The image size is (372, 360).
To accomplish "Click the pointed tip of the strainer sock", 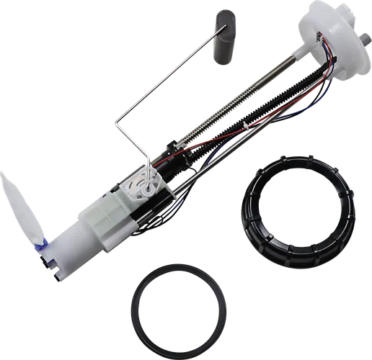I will (x=8, y=177).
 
